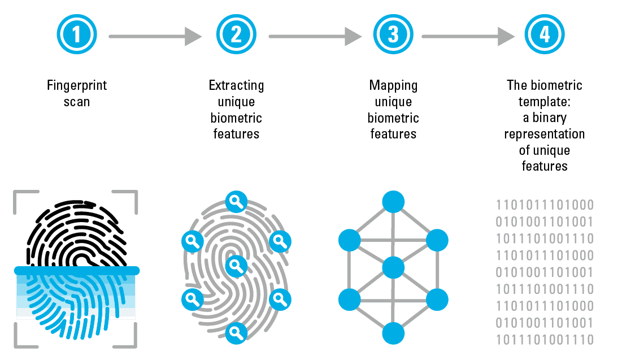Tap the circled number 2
[236, 34]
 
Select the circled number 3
[393, 34]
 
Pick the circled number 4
[545, 34]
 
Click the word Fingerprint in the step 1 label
[77, 86]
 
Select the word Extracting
[236, 86]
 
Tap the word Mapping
[393, 86]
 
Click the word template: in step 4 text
[545, 102]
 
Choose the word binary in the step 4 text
[550, 118]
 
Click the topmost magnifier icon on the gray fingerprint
[236, 202]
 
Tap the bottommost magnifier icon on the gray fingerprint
[236, 333]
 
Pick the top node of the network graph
[393, 202]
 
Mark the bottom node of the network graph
[393, 333]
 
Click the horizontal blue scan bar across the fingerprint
[76, 271]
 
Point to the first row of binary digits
[545, 205]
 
